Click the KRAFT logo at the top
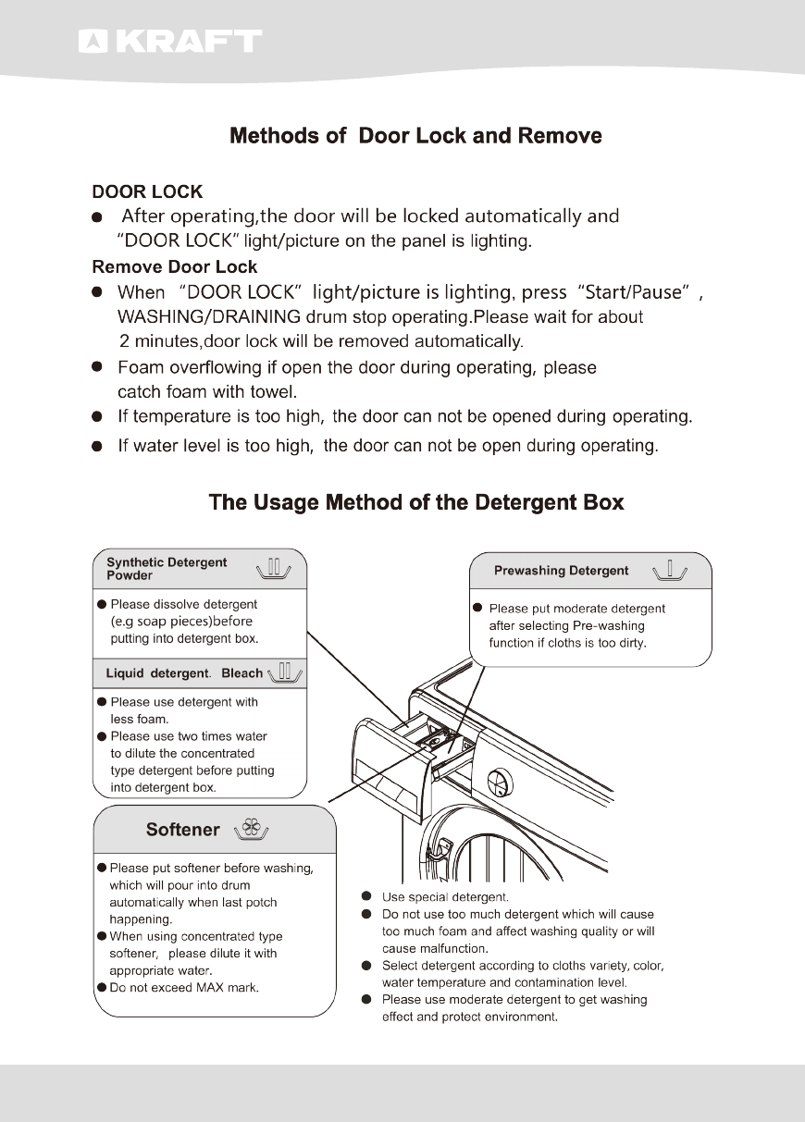(x=169, y=42)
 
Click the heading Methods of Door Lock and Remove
(x=415, y=136)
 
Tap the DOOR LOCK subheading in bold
(x=147, y=192)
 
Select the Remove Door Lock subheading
(x=174, y=267)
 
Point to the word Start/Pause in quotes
(x=635, y=292)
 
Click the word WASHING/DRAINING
(x=221, y=317)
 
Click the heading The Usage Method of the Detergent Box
(x=416, y=502)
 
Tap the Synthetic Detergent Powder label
(x=167, y=569)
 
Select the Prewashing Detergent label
(x=561, y=571)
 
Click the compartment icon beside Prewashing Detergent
(x=669, y=570)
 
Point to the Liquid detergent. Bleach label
(x=184, y=672)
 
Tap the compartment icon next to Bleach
(x=285, y=672)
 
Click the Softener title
(x=183, y=830)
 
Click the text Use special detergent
(x=445, y=897)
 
